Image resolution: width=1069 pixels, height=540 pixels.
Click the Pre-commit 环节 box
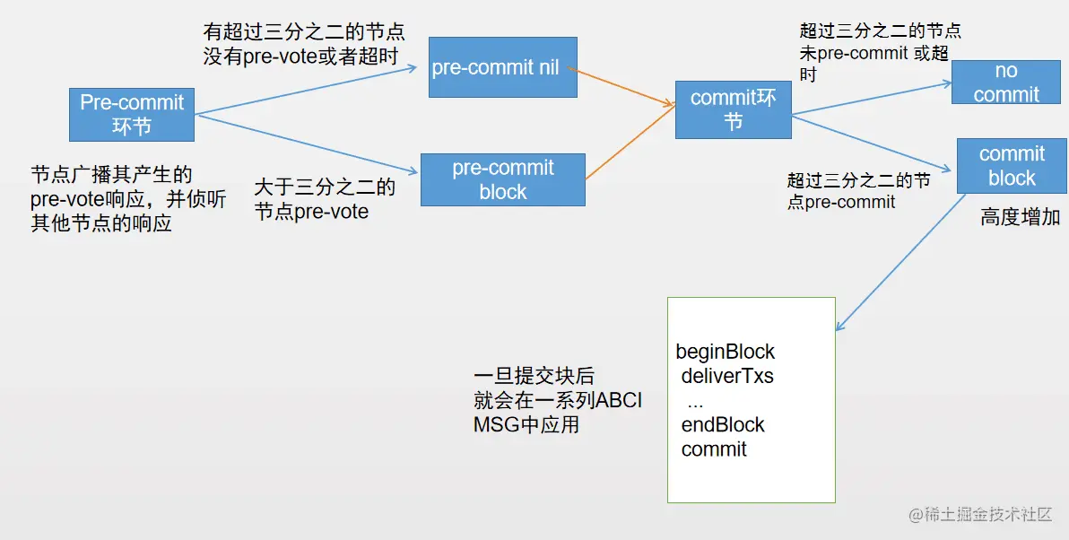[132, 114]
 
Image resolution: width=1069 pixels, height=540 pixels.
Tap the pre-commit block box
[502, 179]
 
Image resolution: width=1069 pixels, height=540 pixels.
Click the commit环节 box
[733, 109]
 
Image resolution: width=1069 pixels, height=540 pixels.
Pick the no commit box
[1005, 83]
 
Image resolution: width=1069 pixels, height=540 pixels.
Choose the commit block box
[1012, 166]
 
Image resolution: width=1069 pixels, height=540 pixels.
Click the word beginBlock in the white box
[725, 352]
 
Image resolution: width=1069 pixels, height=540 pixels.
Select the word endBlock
[723, 424]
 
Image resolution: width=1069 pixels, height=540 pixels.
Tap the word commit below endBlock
[714, 449]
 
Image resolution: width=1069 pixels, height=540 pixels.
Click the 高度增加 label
[1020, 217]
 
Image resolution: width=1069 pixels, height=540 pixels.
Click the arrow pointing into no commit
[874, 98]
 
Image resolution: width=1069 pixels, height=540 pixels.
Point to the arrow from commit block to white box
[900, 261]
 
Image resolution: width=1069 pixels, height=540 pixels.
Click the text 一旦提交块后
[534, 376]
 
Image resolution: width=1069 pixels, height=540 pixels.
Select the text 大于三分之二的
[325, 188]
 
